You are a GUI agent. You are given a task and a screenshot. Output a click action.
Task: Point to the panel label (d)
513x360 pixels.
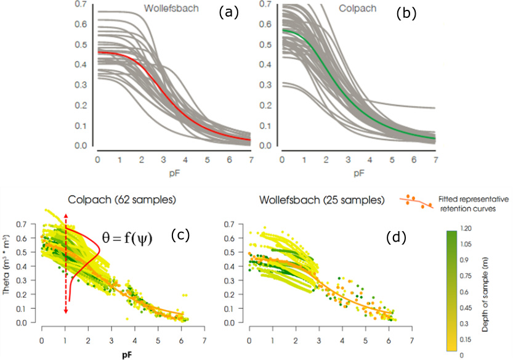392,235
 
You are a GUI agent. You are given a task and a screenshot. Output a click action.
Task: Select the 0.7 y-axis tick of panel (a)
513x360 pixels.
80,4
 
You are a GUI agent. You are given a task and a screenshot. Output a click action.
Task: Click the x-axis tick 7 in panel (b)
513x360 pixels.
435,160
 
